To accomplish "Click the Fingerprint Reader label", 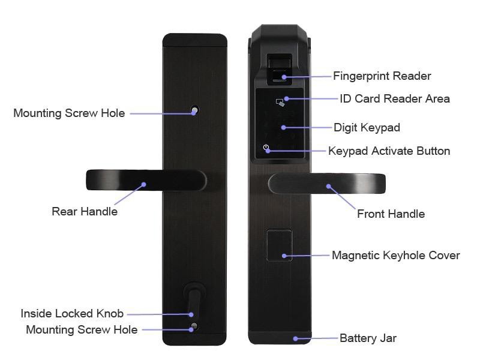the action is [382, 76].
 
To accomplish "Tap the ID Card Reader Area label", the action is [395, 98].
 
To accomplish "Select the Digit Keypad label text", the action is [367, 127].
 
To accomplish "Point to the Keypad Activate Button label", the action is [389, 151].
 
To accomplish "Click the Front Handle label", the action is [391, 214].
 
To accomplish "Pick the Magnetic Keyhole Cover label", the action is [396, 256].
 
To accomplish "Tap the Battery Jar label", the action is [368, 338].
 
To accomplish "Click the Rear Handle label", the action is [85, 211].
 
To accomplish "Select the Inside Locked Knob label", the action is [72, 313].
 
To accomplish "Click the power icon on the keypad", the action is [266, 148].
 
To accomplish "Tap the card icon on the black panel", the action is [280, 102].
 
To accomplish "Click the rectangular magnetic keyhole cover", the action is [279, 245].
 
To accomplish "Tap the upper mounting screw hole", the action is [194, 110].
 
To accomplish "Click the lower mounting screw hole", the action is [193, 326].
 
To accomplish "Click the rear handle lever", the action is [146, 181].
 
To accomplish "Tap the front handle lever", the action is [326, 184].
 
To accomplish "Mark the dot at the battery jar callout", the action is [295, 338].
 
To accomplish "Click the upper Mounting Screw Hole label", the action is [69, 113].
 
